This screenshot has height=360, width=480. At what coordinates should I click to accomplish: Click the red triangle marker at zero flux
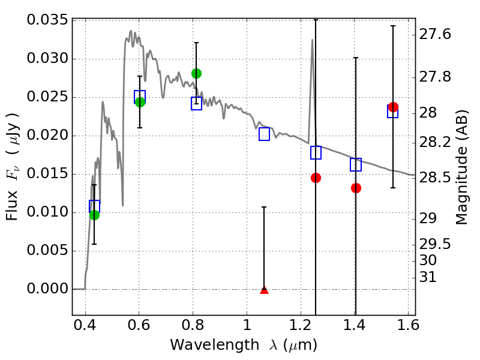click(x=264, y=290)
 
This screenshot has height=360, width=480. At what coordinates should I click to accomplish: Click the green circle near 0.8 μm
click(x=196, y=73)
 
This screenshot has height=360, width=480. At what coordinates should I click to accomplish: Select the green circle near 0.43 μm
click(x=94, y=215)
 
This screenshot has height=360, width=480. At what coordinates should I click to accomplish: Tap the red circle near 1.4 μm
click(x=356, y=188)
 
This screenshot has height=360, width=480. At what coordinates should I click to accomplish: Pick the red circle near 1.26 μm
click(x=316, y=178)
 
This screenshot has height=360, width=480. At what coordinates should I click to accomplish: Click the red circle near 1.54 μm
click(x=393, y=107)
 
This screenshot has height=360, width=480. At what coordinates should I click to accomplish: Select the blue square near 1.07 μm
click(x=264, y=134)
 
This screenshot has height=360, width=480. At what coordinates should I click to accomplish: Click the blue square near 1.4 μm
click(x=356, y=164)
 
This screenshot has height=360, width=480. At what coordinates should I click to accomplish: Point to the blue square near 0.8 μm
click(x=196, y=103)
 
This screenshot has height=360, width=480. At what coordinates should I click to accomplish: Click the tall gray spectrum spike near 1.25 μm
click(x=312, y=42)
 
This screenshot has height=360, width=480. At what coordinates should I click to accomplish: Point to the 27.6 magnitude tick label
click(x=434, y=34)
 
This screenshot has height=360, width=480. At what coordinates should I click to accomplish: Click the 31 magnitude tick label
click(x=429, y=277)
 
